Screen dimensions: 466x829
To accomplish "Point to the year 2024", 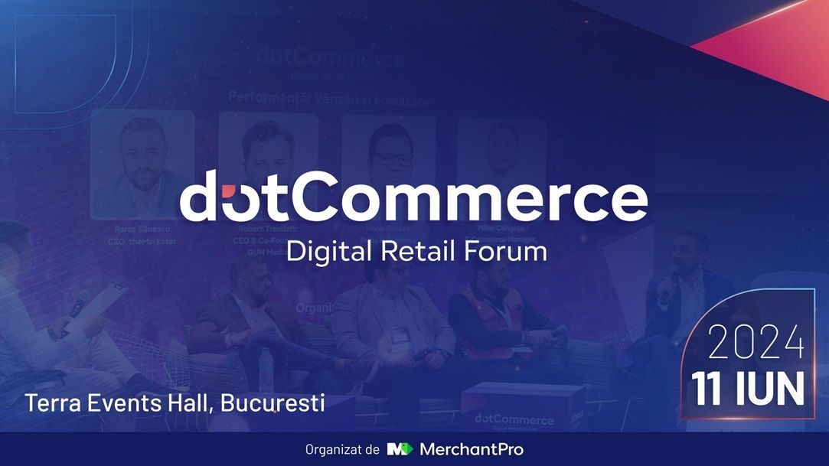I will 756,344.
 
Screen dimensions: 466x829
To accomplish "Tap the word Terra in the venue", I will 51,403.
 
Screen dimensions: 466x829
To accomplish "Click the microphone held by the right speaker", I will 671,275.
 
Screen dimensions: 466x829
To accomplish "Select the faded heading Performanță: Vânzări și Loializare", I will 329,99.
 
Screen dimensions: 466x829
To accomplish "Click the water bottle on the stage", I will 265,363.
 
